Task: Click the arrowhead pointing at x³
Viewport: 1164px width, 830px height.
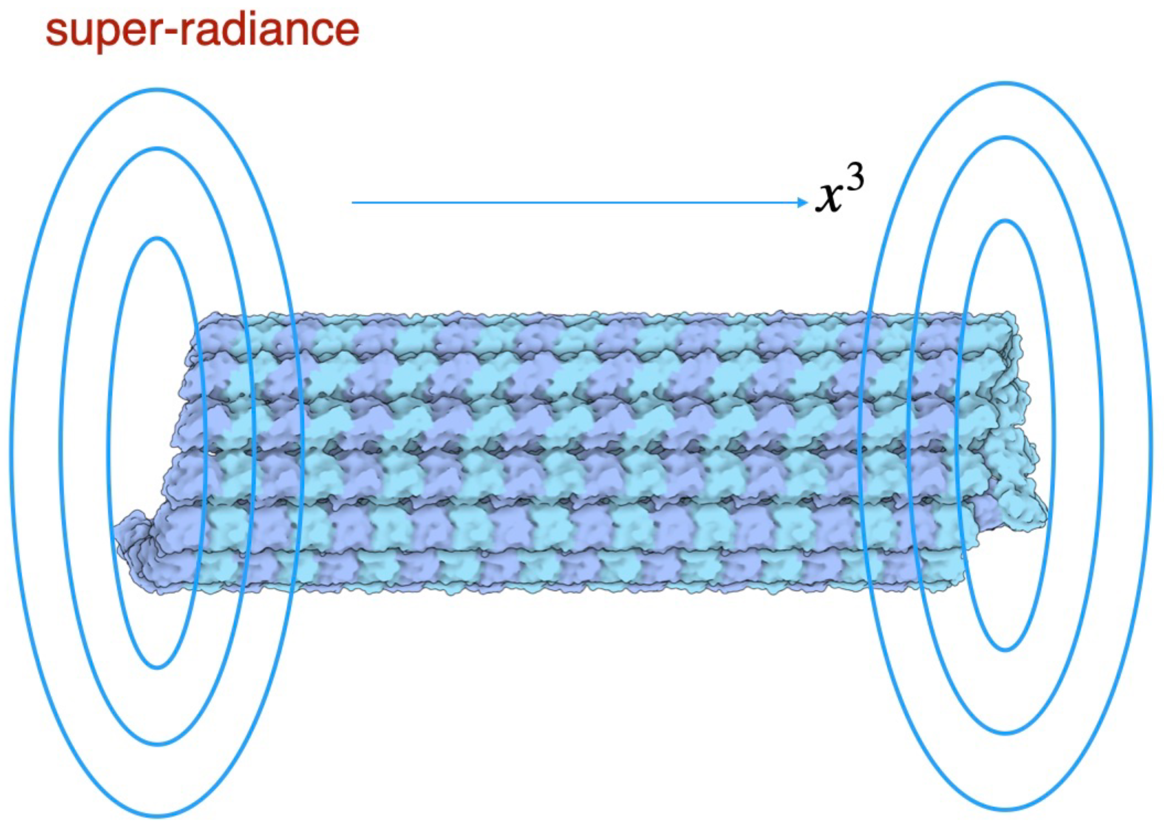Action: (802, 203)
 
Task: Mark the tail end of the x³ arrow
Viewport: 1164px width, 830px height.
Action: (353, 203)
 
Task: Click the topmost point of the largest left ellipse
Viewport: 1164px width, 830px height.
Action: (157, 91)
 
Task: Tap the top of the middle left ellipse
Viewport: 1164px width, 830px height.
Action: (157, 149)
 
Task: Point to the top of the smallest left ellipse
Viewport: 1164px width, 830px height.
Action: (157, 239)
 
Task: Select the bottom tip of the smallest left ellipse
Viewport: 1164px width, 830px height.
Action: (157, 667)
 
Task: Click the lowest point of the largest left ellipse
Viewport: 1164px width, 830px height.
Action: (157, 816)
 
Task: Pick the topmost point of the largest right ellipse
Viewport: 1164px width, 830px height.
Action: (1005, 83)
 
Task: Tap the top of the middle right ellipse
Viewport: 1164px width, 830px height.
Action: (1005, 138)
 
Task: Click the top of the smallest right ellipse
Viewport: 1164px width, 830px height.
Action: (1005, 221)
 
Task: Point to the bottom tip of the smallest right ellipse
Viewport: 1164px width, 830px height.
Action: (1005, 650)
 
